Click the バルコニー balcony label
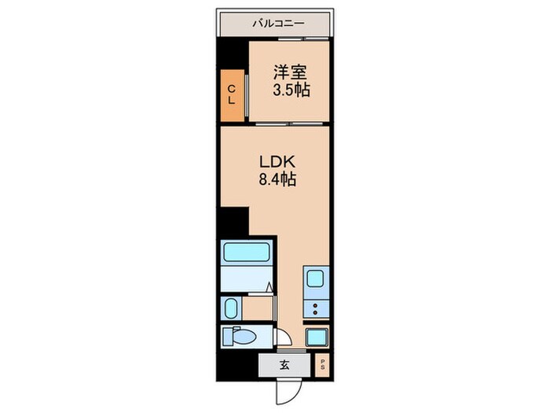278,24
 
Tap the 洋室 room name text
290,72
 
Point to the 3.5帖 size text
291,90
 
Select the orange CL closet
233,95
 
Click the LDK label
277,162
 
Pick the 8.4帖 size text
277,179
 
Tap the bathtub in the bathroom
247,252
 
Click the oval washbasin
231,308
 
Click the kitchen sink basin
315,278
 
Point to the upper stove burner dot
315,305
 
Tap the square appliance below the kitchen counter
317,337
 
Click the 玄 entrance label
284,365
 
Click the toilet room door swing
284,337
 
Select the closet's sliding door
247,95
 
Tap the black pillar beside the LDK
234,221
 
